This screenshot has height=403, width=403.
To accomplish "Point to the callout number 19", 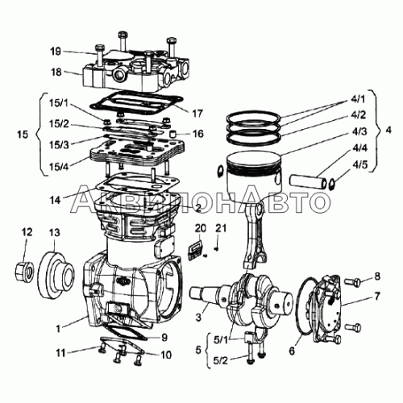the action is [x=56, y=51].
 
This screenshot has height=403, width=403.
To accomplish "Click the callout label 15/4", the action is [x=59, y=167].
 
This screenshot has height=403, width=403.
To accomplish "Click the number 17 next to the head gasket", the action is [x=197, y=114].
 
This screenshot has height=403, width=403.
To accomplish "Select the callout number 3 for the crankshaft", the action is [x=198, y=318].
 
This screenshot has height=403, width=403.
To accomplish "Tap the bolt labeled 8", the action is [x=353, y=282].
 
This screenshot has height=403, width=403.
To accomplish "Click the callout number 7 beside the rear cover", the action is [x=377, y=297].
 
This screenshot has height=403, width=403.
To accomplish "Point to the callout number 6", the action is [x=292, y=351].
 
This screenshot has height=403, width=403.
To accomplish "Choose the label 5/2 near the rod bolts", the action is [x=221, y=360].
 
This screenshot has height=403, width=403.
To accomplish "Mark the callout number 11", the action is [x=60, y=353].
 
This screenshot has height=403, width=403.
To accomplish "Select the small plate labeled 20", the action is [x=195, y=251].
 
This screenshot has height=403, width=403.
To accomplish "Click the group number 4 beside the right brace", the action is [x=388, y=131].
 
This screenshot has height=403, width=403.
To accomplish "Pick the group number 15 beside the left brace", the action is [x=23, y=134].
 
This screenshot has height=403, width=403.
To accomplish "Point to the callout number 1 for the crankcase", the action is [x=58, y=328].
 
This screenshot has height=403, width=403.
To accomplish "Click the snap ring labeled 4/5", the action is [x=332, y=183].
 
